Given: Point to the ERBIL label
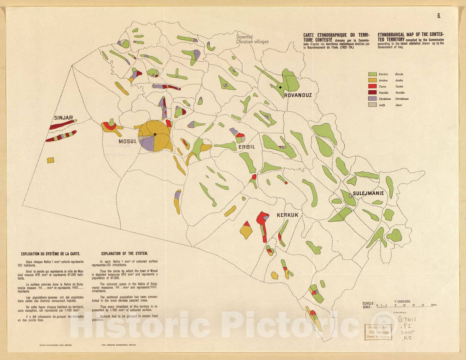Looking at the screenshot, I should (247, 147).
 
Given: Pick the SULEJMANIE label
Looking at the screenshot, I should (368, 193).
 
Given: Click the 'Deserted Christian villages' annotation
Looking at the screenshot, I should (252, 39).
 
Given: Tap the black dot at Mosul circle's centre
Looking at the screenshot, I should (155, 135).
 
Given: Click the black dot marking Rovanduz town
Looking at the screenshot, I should (280, 88).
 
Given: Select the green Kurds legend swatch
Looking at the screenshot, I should (372, 74).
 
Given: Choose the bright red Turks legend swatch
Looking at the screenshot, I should (372, 86).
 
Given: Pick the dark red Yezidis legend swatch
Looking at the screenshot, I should (372, 92).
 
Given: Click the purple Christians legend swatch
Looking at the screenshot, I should (372, 99).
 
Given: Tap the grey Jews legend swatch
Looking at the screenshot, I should (372, 105).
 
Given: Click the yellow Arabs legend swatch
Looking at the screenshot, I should (372, 80).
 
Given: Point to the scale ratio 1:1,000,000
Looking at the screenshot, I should (402, 302).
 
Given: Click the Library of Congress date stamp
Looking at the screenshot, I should (378, 332).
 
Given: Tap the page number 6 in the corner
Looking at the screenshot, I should (438, 16).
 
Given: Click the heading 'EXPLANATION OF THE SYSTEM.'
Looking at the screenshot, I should (124, 254).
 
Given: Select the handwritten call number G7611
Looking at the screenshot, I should (408, 319).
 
